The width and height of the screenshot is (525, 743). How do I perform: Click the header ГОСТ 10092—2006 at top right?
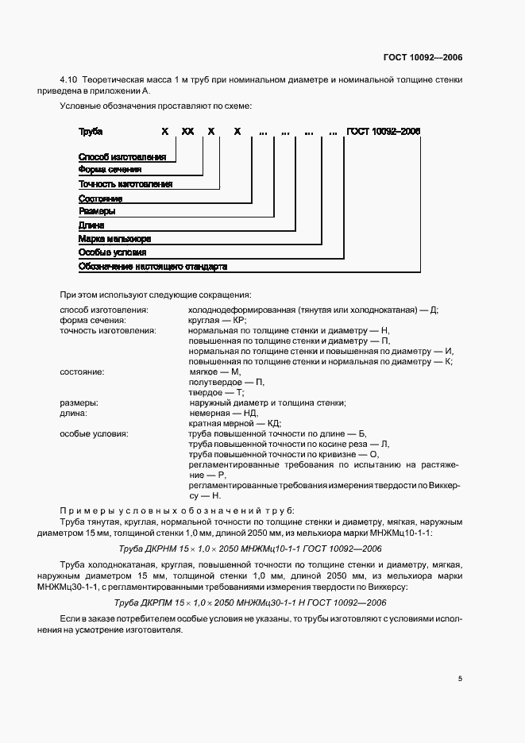424,57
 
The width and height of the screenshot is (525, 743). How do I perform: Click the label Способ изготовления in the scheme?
122,157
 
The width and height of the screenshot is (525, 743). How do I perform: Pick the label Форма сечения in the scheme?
110,170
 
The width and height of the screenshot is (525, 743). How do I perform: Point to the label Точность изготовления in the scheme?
125,183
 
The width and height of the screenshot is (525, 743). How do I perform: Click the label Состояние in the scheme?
100,198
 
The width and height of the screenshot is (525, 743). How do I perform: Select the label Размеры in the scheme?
97,211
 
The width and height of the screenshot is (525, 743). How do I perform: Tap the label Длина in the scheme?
91,225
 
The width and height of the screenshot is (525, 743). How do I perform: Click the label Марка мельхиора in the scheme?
114,238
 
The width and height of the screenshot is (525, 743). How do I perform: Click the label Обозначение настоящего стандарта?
152,266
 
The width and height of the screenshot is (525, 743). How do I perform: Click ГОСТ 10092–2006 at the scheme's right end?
383,131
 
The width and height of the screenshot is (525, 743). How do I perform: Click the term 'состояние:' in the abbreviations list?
83,371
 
